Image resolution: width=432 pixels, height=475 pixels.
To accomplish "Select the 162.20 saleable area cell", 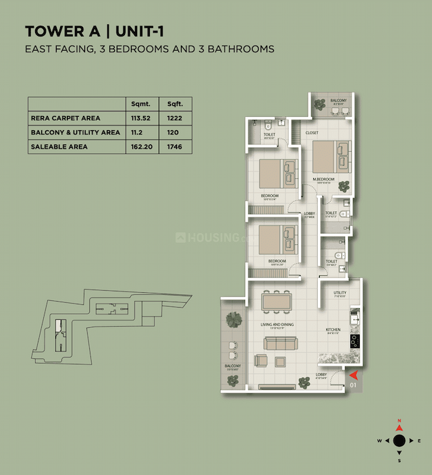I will click(x=142, y=146).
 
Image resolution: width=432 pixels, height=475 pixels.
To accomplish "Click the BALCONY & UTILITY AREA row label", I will click(x=75, y=132).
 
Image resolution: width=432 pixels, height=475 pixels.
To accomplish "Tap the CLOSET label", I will click(x=312, y=133).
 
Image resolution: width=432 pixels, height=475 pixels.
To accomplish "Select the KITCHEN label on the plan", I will click(x=333, y=330).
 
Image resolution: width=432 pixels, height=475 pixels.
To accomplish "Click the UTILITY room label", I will click(x=340, y=293).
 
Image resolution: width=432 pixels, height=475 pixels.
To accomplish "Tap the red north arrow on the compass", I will click(x=399, y=427).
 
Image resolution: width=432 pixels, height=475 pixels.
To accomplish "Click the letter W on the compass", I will click(x=379, y=441).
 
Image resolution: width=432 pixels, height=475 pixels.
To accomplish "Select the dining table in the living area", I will click(x=276, y=300).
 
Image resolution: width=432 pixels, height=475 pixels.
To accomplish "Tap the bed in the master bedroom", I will click(x=331, y=157).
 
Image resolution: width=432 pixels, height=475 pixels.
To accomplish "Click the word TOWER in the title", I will click(x=51, y=31).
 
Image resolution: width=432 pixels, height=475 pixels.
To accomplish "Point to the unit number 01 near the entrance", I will click(x=354, y=385).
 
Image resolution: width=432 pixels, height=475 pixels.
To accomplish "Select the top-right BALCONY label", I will click(x=338, y=101).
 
